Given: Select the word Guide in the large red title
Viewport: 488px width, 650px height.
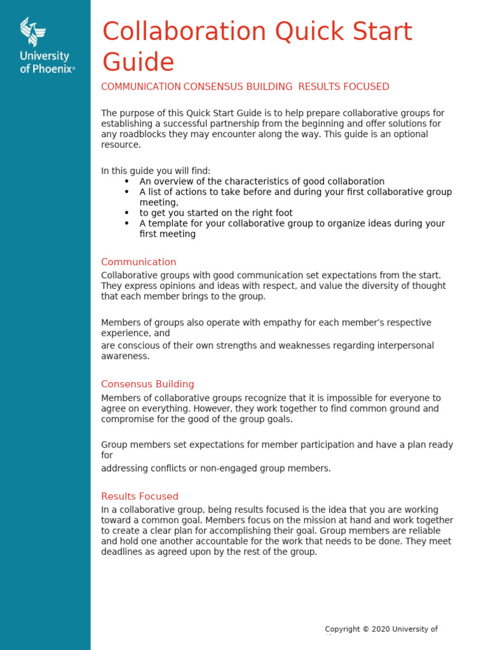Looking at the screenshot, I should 138,62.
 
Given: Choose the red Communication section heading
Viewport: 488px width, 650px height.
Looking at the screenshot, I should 139,262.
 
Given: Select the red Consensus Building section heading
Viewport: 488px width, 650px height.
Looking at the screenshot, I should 147,384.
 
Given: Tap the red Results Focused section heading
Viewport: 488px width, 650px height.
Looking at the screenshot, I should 140,496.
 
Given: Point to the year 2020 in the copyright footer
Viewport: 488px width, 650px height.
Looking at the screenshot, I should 380,629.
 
